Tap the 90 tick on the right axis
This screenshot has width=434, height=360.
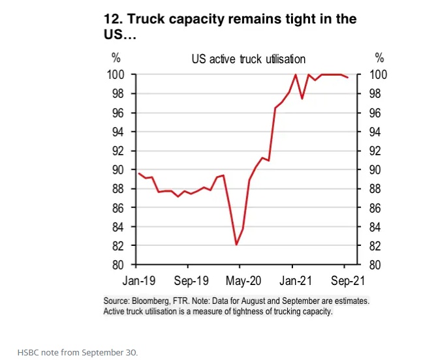pyautogui.click(x=379, y=170)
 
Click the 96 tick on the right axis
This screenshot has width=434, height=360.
pyautogui.click(x=379, y=113)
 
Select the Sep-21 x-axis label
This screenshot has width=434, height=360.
pyautogui.click(x=345, y=281)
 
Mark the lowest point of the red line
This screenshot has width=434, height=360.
pyautogui.click(x=236, y=245)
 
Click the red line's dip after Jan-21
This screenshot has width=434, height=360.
pyautogui.click(x=302, y=98)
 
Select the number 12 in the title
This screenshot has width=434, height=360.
pyautogui.click(x=111, y=19)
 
